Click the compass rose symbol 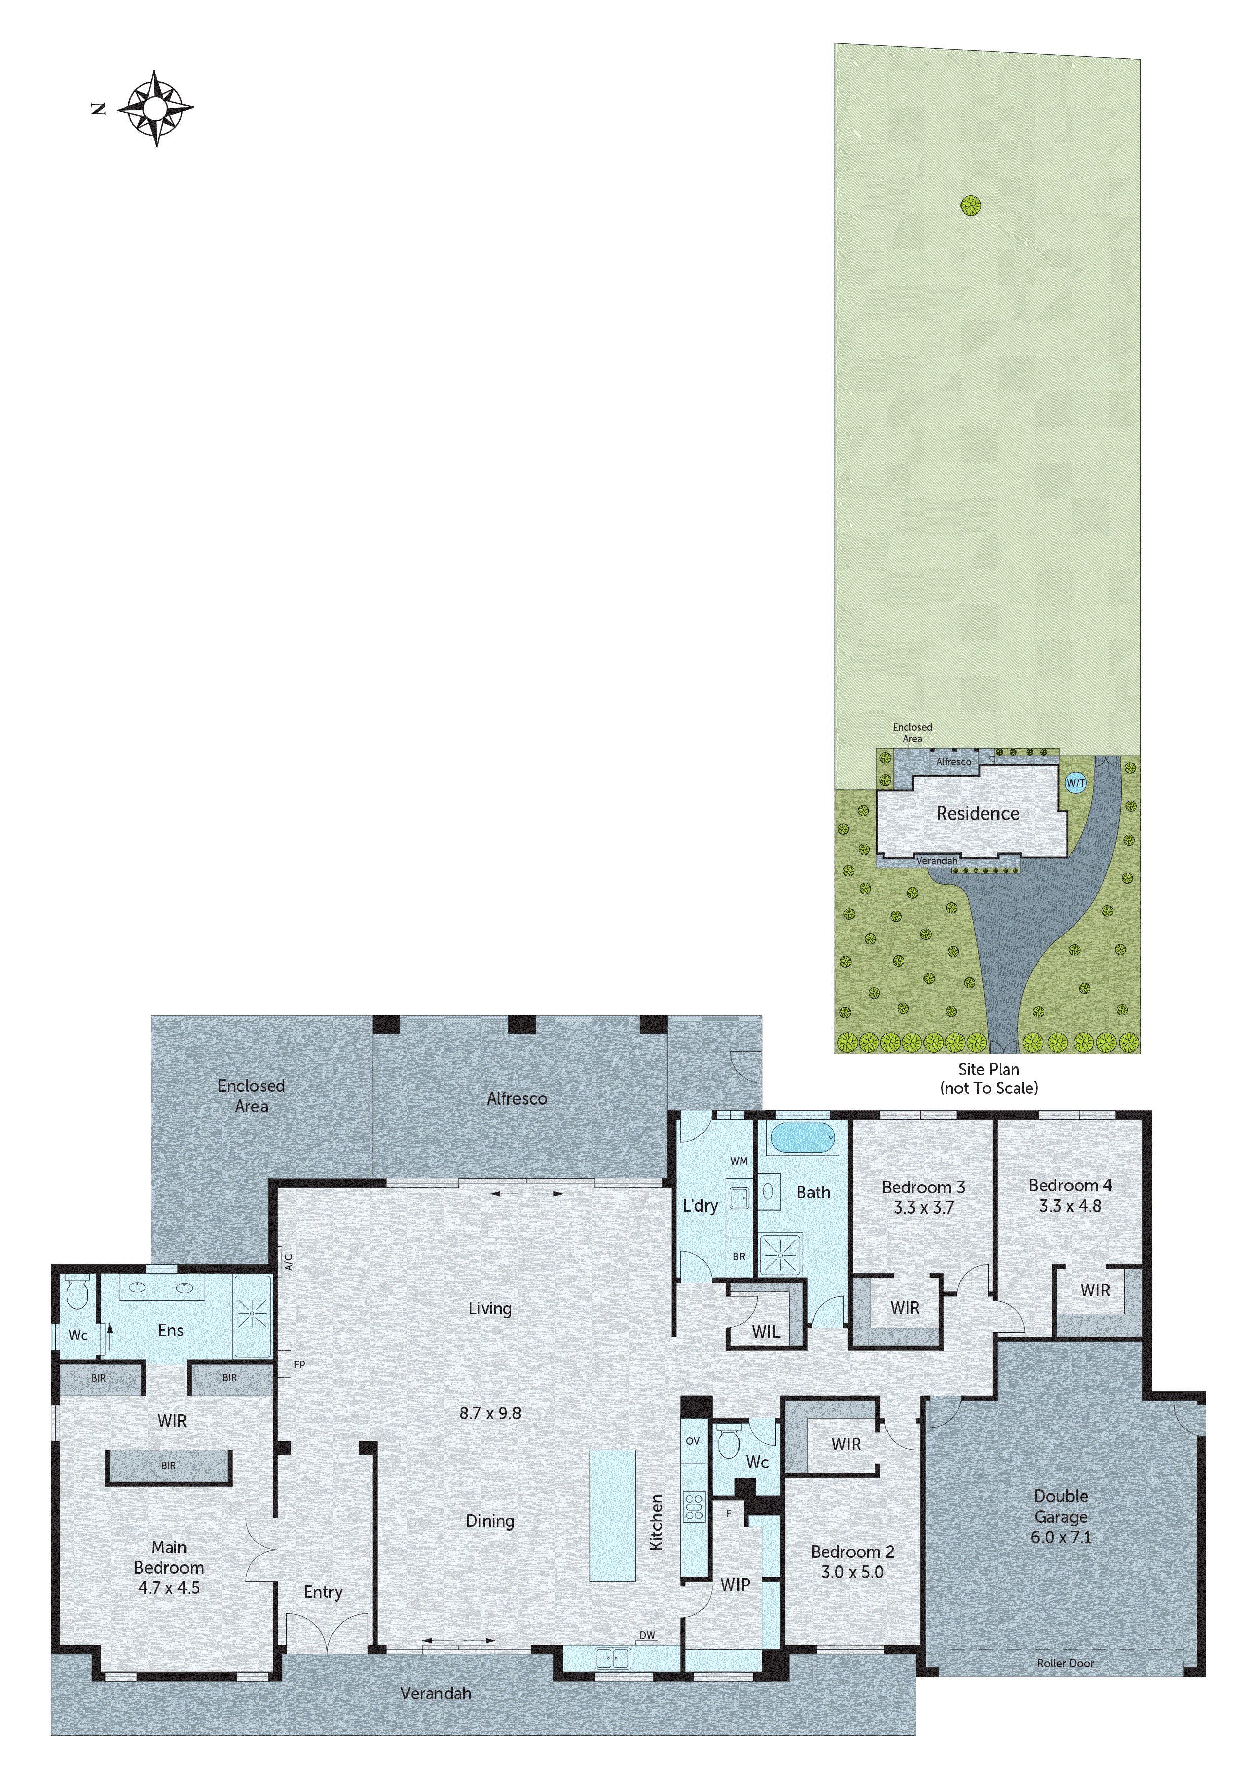tap(156, 109)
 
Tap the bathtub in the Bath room tap(803, 1138)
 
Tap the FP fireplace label tap(299, 1365)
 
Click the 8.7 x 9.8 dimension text tap(490, 1413)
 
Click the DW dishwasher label tap(647, 1635)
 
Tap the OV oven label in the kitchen tap(692, 1441)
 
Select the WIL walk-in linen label tap(765, 1331)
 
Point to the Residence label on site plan tap(977, 813)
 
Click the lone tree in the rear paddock tap(971, 205)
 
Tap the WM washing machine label tap(739, 1161)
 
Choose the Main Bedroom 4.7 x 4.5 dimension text tap(169, 1588)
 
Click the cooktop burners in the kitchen tap(693, 1507)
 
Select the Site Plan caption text tap(988, 1069)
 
